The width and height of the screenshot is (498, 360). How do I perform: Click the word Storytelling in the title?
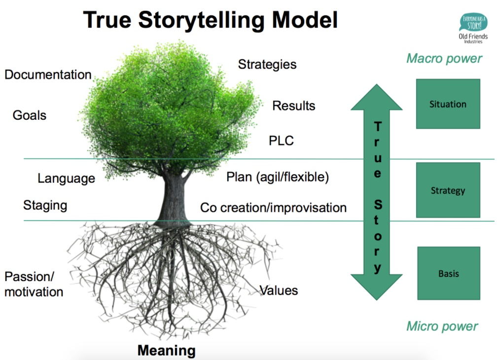pyautogui.click(x=201, y=20)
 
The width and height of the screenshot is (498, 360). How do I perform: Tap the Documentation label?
pyautogui.click(x=48, y=74)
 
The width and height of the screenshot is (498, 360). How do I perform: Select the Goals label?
pyautogui.click(x=30, y=115)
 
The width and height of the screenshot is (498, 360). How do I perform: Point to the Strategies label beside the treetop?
pyautogui.click(x=267, y=65)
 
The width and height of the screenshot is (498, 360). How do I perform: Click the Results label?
pyautogui.click(x=294, y=106)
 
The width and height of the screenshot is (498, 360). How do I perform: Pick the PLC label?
pyautogui.click(x=281, y=141)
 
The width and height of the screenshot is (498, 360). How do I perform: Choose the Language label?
pyautogui.click(x=67, y=179)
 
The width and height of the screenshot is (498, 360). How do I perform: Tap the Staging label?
pyautogui.click(x=45, y=206)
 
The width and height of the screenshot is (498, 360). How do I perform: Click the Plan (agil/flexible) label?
pyautogui.click(x=278, y=177)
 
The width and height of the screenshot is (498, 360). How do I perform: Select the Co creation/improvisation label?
pyautogui.click(x=273, y=208)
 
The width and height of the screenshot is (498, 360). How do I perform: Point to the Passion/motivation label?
pyautogui.click(x=34, y=285)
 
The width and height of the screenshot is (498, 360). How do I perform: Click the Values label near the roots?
pyautogui.click(x=279, y=290)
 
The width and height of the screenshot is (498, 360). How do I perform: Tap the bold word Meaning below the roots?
pyautogui.click(x=167, y=351)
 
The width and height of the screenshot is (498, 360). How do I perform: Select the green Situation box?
pyautogui.click(x=448, y=104)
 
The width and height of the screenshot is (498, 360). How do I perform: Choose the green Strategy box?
pyautogui.click(x=448, y=190)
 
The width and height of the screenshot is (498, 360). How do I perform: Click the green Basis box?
pyautogui.click(x=449, y=273)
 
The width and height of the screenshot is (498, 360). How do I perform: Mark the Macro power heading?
pyautogui.click(x=444, y=59)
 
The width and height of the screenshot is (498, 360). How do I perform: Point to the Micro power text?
pyautogui.click(x=442, y=326)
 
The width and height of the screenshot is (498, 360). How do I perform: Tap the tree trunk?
pyautogui.click(x=174, y=200)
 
